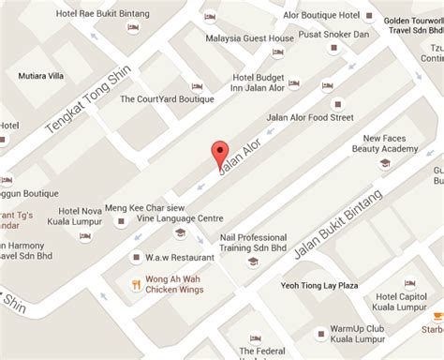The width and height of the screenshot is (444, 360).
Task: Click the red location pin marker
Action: coord(220,153)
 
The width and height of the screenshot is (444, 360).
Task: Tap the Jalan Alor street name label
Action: coord(238,157)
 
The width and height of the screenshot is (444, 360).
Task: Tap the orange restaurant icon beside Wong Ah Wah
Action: coord(135,284)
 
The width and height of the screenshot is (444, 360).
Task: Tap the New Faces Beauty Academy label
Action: coord(384,142)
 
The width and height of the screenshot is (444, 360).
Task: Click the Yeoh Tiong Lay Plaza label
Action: coord(320,285)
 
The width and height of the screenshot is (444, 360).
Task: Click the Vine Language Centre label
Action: coord(180,217)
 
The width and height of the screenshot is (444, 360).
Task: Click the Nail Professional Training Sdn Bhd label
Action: coord(253,244)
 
